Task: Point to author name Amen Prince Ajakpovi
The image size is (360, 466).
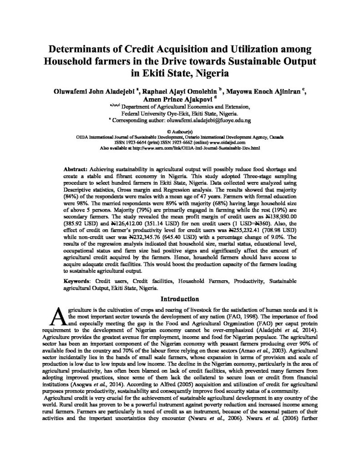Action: tap(179, 98)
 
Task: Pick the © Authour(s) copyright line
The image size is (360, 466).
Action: tap(180, 131)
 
